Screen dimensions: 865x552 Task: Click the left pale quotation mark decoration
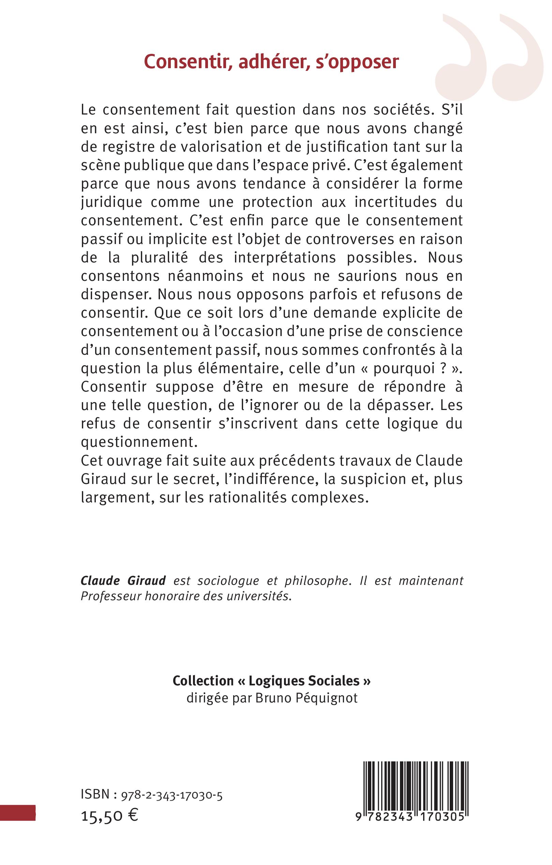click(460, 59)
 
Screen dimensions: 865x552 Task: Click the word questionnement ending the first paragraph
click(139, 442)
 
